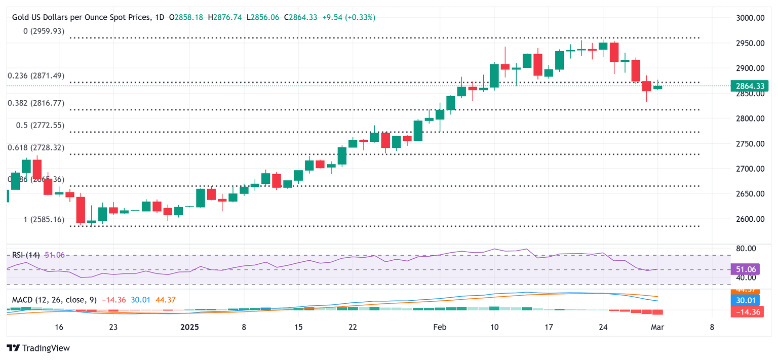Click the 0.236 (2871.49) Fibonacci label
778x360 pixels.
(36, 75)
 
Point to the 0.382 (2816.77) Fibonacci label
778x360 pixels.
(36, 103)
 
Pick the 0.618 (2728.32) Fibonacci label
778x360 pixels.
(36, 147)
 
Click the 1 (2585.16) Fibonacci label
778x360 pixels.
(44, 220)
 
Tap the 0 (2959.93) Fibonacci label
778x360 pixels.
(44, 31)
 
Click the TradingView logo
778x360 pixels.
(38, 348)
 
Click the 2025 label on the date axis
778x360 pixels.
(189, 327)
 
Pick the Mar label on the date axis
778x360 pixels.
(657, 327)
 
